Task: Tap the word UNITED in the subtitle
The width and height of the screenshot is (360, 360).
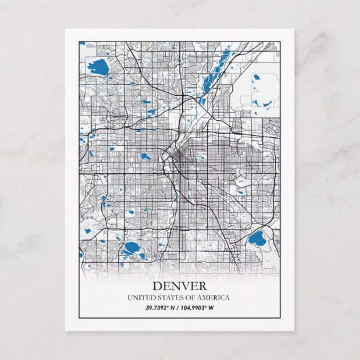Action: click(x=141, y=298)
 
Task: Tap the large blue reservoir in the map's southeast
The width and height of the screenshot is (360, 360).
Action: click(x=257, y=238)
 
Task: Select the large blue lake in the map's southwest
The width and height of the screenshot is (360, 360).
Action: click(x=130, y=247)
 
